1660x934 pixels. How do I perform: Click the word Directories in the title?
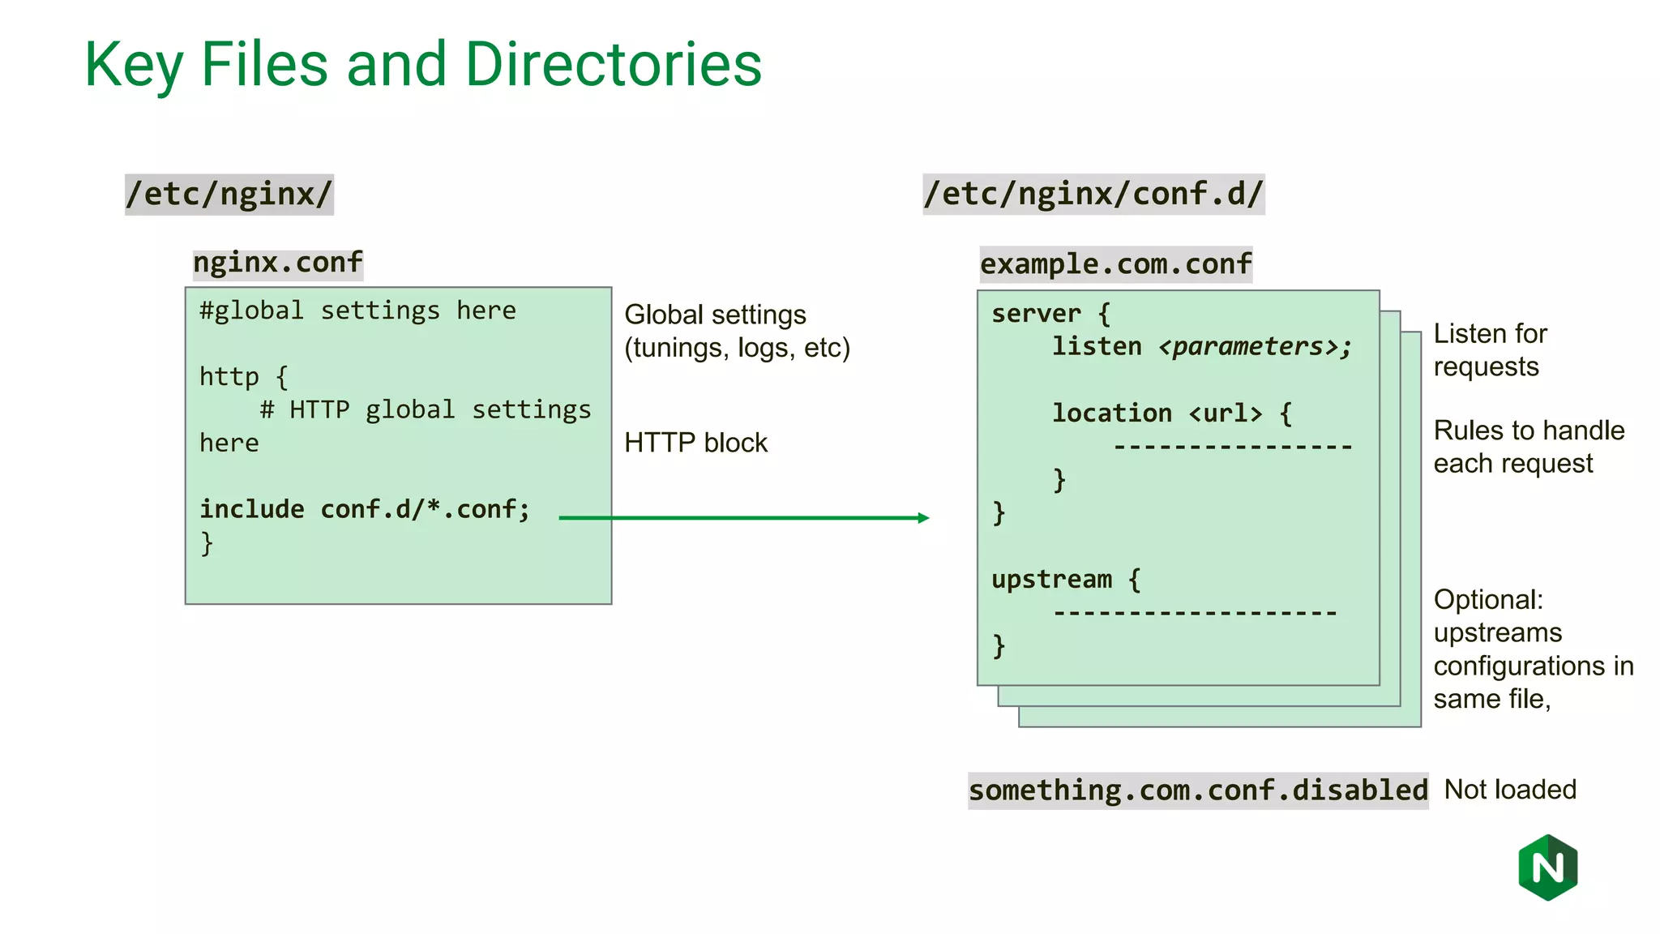(614, 65)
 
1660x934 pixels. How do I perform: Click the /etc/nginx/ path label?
(229, 195)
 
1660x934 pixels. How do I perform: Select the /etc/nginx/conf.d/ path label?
(1093, 195)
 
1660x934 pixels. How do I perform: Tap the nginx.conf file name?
(277, 263)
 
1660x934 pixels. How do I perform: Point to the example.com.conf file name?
(1115, 264)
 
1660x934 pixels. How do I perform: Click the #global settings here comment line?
(357, 311)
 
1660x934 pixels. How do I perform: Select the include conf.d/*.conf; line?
(365, 509)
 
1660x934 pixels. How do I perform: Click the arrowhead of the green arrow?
(923, 517)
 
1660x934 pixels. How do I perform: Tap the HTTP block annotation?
(695, 443)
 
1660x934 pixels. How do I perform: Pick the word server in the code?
(1036, 314)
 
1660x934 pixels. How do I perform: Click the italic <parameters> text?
(1255, 347)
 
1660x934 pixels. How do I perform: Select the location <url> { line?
(1171, 413)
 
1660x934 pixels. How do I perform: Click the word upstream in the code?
(1051, 580)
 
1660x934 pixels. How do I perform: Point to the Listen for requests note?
(1490, 350)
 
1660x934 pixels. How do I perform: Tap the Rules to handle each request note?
(1528, 447)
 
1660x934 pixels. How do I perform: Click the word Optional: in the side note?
(1488, 600)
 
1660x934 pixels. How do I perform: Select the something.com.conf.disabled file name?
(1198, 790)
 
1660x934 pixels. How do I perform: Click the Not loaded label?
(1510, 790)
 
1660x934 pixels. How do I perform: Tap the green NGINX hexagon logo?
(1547, 868)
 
